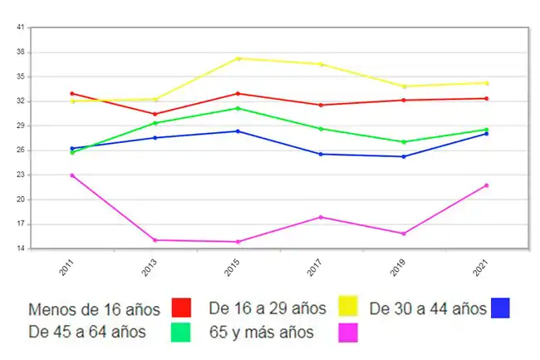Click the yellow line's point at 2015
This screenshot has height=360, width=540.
tap(238, 58)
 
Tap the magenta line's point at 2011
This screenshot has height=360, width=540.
tap(72, 175)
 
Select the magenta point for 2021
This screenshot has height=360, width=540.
tap(487, 185)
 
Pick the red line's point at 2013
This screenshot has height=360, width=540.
tap(155, 114)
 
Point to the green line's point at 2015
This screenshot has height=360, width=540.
tap(238, 108)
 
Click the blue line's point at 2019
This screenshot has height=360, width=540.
tap(404, 156)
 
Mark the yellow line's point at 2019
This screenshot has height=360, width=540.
tap(404, 86)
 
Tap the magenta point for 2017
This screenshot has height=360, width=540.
tap(321, 217)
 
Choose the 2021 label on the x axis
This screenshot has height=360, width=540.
tap(482, 268)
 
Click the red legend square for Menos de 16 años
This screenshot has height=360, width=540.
tap(180, 308)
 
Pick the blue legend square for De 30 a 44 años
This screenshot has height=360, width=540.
tap(499, 308)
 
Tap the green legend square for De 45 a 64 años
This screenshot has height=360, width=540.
tap(180, 333)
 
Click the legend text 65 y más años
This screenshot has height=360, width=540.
tap(262, 333)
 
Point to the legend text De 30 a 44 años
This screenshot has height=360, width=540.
tap(428, 309)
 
